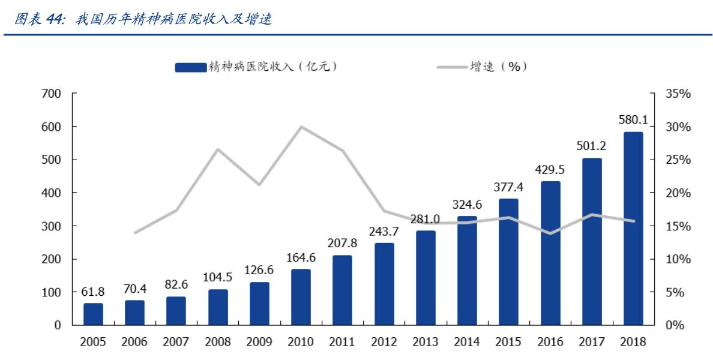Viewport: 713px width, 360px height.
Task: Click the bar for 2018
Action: [633, 228]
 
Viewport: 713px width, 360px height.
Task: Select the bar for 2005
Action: [93, 314]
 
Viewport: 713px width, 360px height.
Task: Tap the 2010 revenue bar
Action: [301, 297]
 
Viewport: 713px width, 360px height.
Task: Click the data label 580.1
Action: [633, 120]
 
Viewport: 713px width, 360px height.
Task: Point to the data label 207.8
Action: [342, 244]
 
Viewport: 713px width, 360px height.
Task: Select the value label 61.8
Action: [93, 292]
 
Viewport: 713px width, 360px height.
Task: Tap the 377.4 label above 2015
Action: [508, 187]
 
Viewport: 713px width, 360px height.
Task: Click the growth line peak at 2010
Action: [301, 127]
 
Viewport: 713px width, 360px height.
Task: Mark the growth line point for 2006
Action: [134, 232]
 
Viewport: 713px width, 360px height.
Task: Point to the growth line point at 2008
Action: [218, 149]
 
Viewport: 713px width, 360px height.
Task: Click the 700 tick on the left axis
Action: [52, 94]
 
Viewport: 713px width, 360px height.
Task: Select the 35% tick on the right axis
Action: [679, 94]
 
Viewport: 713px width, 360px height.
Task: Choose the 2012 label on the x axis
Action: [384, 342]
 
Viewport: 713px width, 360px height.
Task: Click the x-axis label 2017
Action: [591, 342]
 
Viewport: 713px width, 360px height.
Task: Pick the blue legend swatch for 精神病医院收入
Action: [191, 67]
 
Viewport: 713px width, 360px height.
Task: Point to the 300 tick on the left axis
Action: [52, 226]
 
